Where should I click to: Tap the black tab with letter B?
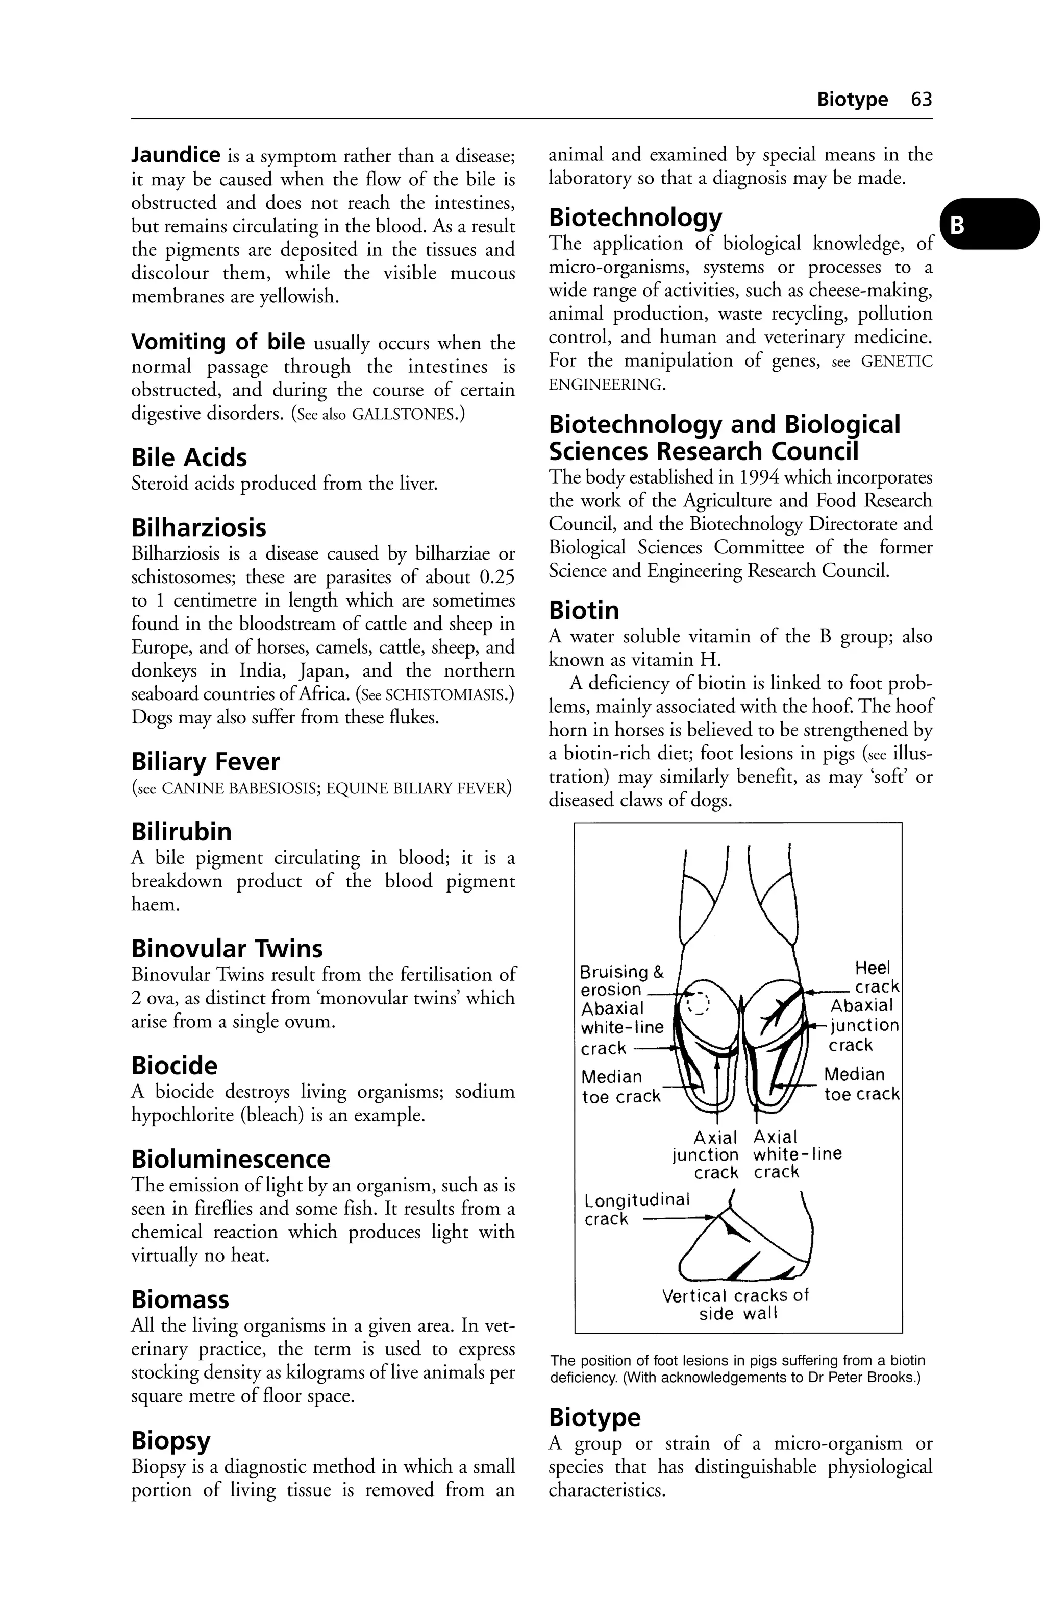point(991,224)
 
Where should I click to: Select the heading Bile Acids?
point(189,457)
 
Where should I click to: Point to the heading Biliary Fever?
point(205,762)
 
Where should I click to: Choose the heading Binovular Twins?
point(227,949)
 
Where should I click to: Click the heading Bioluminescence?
point(231,1159)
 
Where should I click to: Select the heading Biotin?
point(584,611)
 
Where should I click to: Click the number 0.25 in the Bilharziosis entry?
point(496,577)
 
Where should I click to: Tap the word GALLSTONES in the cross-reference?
point(403,414)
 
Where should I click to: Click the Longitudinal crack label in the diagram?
point(635,1209)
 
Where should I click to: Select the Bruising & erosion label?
point(620,980)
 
